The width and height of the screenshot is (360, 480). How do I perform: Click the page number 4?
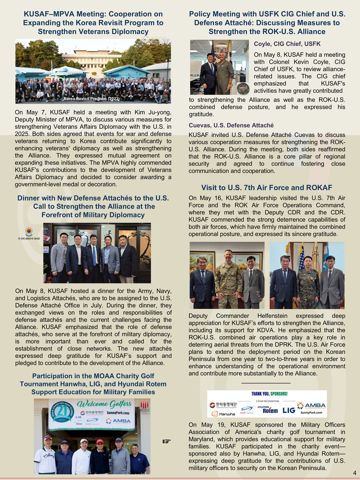(x=355, y=473)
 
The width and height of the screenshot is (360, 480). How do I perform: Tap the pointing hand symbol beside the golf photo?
(x=166, y=441)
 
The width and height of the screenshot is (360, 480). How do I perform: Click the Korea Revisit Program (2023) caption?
(x=92, y=99)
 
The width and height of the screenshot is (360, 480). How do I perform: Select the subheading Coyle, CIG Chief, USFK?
(x=287, y=44)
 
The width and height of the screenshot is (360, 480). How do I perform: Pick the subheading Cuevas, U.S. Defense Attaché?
(x=231, y=125)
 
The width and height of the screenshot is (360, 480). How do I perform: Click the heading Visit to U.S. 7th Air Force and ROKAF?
(x=267, y=188)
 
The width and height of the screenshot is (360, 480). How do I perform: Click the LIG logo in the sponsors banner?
(x=289, y=410)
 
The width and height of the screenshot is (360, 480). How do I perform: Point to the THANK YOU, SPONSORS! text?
(x=269, y=394)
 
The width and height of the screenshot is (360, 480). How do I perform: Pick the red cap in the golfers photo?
(x=100, y=441)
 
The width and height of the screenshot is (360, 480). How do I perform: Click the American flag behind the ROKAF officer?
(x=301, y=259)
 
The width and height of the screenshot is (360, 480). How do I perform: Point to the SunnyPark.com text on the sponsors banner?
(x=311, y=412)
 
